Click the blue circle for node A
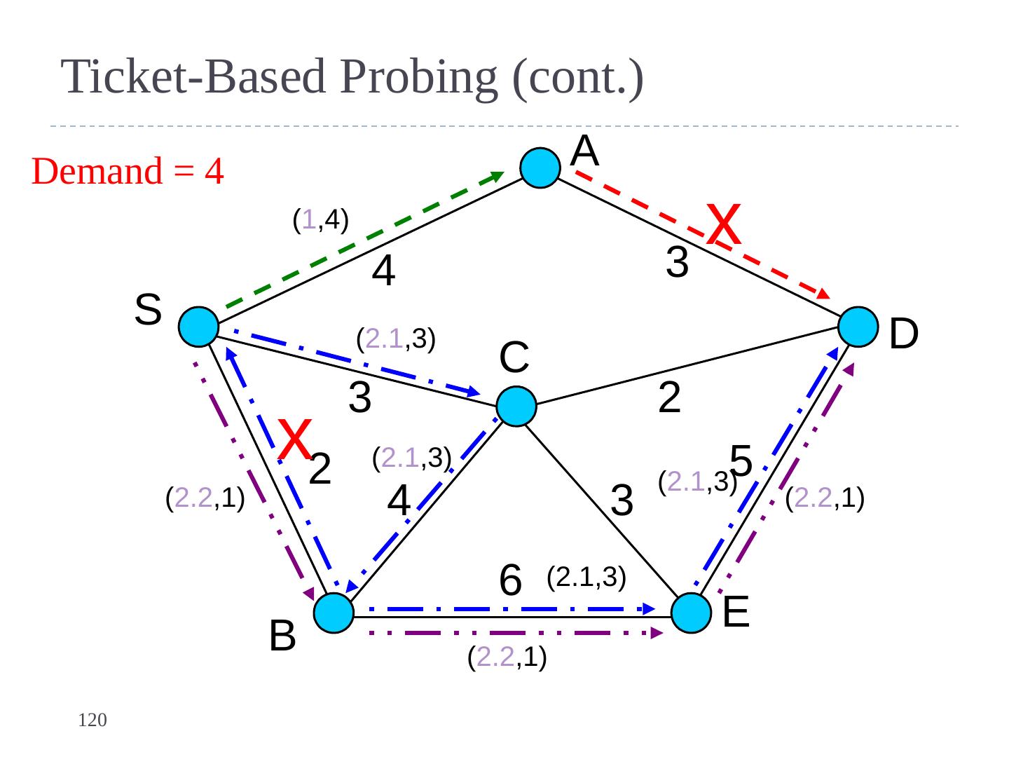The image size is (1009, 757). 540,168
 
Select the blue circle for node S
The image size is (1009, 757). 199,327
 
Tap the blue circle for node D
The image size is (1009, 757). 858,327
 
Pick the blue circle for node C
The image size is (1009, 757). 516,407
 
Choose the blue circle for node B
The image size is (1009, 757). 334,613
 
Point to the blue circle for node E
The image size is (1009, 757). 691,613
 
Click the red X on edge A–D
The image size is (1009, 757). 724,224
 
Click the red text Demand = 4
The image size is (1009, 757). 128,171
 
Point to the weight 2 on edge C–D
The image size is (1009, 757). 670,398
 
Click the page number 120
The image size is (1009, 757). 92,720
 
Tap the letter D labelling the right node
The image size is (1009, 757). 904,334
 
